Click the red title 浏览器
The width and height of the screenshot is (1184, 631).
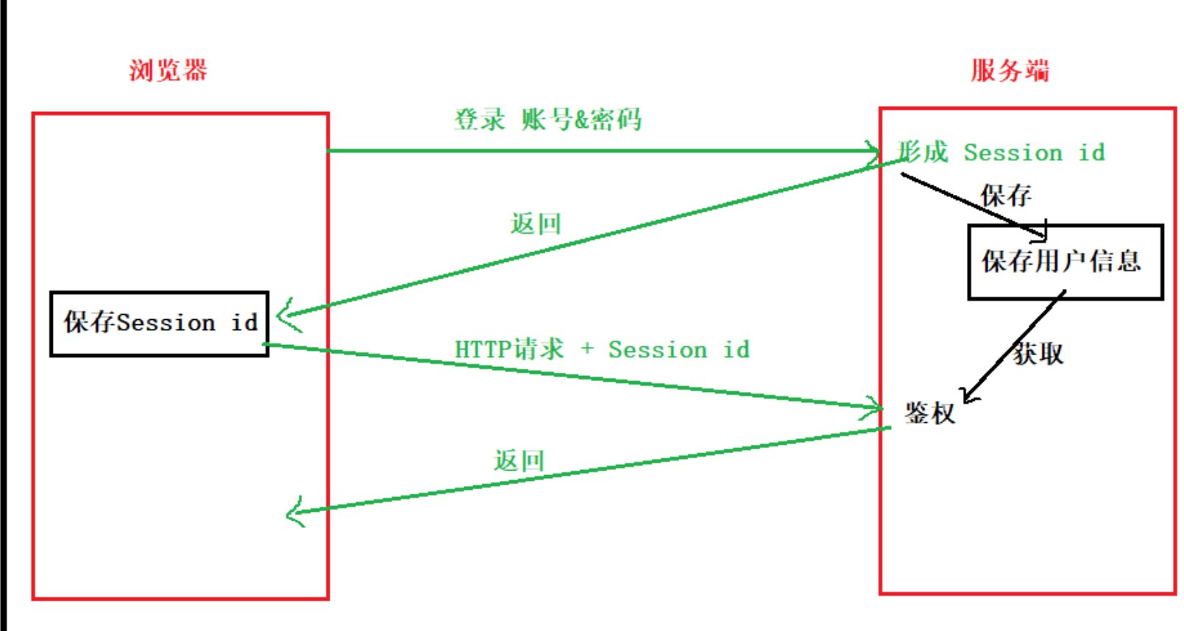tap(168, 71)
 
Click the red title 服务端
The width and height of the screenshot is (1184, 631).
tap(1010, 71)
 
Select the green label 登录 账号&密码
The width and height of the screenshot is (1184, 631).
tap(547, 119)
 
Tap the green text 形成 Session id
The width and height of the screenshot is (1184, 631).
tap(1001, 152)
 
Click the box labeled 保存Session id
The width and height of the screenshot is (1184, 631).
tap(160, 324)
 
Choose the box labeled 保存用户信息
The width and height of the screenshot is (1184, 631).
tap(1064, 262)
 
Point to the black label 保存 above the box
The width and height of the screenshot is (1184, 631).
tap(1005, 196)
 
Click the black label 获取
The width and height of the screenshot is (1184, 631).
tap(1038, 354)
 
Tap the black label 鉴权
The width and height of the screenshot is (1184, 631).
tap(929, 413)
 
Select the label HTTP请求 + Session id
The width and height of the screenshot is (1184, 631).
tap(602, 349)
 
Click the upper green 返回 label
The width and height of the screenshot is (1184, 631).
tap(536, 224)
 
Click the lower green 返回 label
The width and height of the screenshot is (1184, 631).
tap(519, 461)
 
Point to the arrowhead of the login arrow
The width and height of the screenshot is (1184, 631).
tap(876, 151)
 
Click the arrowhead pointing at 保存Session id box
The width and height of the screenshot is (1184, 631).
tap(283, 316)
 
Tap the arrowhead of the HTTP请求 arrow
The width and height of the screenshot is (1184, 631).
tap(876, 407)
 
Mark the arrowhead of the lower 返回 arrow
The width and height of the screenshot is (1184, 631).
tap(291, 512)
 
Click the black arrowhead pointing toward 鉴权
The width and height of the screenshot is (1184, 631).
tap(968, 397)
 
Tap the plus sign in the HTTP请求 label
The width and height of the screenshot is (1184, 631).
tap(586, 349)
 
